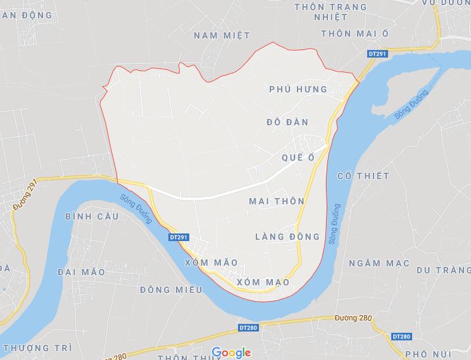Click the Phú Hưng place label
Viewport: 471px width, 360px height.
298,89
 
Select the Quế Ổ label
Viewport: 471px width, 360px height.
297,158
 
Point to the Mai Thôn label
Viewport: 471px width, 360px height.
277,201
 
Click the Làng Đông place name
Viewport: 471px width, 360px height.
287,237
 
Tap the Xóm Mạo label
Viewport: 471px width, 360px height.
263,282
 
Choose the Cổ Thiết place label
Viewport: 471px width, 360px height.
363,175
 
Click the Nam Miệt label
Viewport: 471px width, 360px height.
222,35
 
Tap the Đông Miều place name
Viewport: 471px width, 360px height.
172,289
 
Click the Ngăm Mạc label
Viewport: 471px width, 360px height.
380,263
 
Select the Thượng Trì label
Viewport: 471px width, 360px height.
37,348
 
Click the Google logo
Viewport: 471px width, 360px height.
231,352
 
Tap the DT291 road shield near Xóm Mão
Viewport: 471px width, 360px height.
179,237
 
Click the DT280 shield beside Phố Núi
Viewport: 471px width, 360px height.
401,337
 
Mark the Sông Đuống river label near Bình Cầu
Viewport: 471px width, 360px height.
136,208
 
